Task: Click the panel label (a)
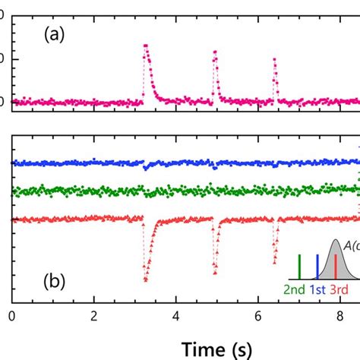[x=56, y=34]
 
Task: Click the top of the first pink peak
[x=146, y=46]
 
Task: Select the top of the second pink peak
[x=216, y=52]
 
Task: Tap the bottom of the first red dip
[x=145, y=279]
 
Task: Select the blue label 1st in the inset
[x=319, y=290]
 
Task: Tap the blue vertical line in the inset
[x=317, y=269]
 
